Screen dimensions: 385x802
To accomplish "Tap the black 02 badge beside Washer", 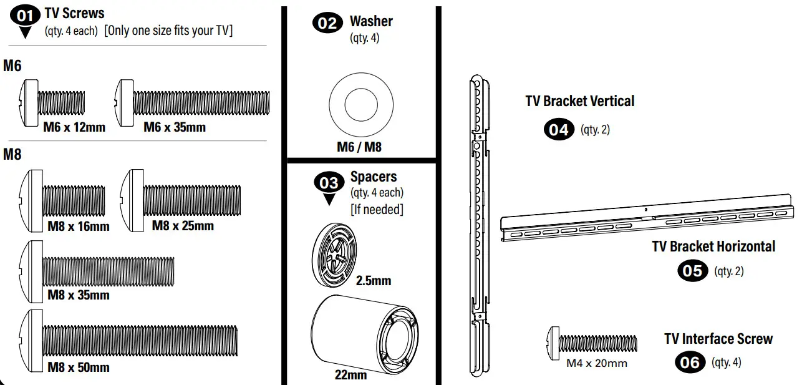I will (x=328, y=23).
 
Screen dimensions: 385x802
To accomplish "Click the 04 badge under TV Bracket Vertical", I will (x=559, y=129).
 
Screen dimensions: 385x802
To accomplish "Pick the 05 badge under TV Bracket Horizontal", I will (x=693, y=271).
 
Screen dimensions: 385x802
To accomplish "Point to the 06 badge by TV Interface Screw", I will (x=690, y=362).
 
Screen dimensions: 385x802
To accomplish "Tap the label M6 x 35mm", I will (x=175, y=127).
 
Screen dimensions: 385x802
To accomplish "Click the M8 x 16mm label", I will (x=79, y=226).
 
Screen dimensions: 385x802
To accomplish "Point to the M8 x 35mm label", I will (x=79, y=295).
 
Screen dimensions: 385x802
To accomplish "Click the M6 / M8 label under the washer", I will (x=359, y=147).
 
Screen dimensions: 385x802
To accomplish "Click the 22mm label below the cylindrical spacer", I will (x=351, y=375).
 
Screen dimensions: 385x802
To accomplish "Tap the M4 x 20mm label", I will (x=596, y=363).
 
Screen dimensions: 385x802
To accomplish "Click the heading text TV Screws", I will (x=74, y=13).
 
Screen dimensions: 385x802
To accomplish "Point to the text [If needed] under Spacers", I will (x=377, y=209).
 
